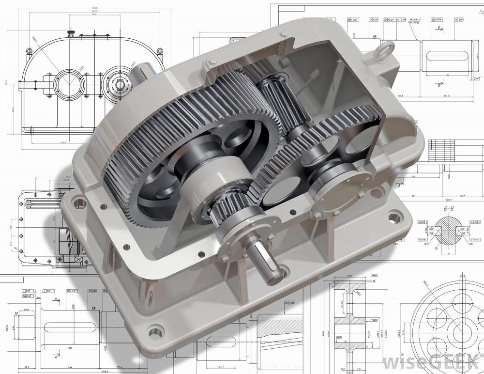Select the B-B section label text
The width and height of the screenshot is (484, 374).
tap(448, 209)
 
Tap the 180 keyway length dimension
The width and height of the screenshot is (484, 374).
tap(447, 75)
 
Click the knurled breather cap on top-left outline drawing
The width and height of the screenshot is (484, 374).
tap(71, 33)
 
